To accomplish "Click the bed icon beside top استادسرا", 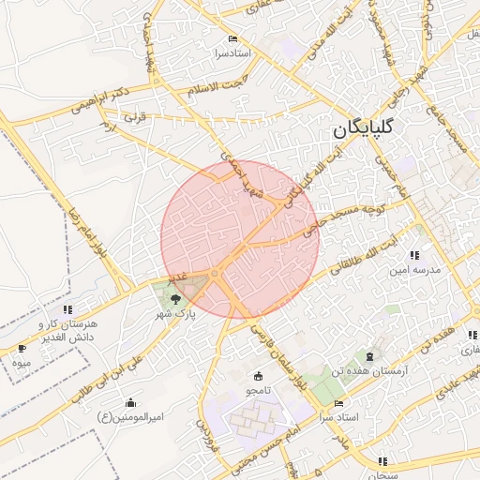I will pos(232,39).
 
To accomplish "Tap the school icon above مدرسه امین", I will pos(414,255).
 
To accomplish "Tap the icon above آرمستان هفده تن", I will pos(369,356).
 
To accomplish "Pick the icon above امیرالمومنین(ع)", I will pos(130,402).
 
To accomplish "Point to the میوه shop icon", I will pos(22,349).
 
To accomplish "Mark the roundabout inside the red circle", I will pos(216,273).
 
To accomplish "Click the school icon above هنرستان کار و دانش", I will pos(67,309).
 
